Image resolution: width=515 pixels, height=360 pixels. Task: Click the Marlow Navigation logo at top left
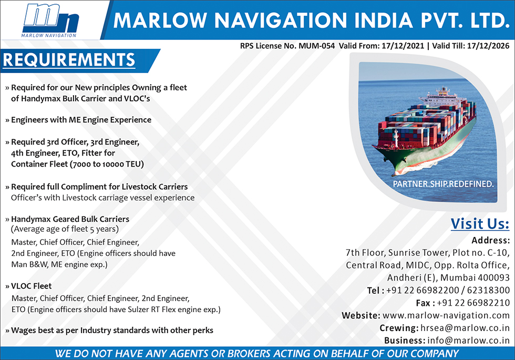[50, 20]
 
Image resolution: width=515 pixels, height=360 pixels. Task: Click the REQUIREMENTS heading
[69, 59]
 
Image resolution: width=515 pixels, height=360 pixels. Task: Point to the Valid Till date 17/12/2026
[488, 46]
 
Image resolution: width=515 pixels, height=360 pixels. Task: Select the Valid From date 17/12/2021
[403, 46]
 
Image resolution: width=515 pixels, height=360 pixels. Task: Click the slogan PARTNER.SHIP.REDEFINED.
[444, 184]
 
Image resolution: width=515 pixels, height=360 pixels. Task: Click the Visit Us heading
[480, 224]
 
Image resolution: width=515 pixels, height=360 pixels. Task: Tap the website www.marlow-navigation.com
[446, 315]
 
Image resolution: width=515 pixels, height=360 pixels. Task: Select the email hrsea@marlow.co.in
[465, 328]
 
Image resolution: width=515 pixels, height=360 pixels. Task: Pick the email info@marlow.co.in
[468, 341]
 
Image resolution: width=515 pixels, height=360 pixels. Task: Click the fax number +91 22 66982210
[473, 303]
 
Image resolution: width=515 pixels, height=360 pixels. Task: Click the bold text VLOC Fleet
[31, 286]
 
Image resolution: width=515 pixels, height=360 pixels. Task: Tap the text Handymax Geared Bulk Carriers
[70, 219]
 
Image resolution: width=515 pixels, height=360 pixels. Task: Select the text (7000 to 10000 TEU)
[107, 164]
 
